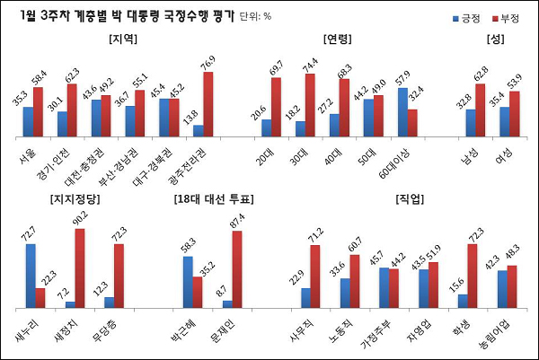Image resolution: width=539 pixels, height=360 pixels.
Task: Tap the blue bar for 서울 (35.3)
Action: tap(29, 122)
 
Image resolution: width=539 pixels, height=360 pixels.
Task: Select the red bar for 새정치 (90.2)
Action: tap(79, 268)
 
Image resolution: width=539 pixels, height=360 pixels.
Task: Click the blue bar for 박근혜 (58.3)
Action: tap(188, 282)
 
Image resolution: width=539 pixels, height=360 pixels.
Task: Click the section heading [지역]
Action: tap(122, 40)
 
